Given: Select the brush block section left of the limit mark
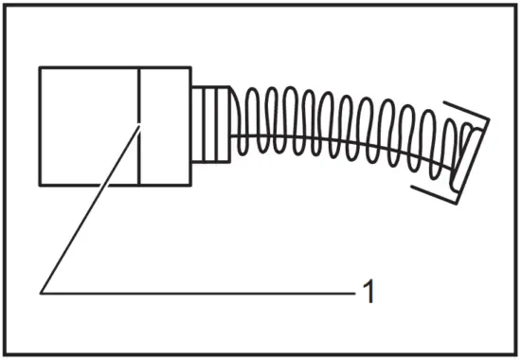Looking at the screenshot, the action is click(89, 126).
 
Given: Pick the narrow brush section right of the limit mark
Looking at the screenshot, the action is click(166, 126).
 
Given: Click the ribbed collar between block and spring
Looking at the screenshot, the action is click(213, 125).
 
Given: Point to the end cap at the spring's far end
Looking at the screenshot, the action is click(455, 152).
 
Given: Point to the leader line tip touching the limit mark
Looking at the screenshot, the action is click(139, 124).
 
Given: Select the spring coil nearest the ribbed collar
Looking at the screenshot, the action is click(242, 123).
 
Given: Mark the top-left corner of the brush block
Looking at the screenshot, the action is click(40, 67).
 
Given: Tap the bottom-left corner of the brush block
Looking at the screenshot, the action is click(40, 185).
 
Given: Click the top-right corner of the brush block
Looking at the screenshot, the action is click(192, 67).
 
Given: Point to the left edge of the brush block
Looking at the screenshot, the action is click(40, 126).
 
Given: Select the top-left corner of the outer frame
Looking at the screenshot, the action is click(5, 5).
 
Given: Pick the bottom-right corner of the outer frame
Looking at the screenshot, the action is click(515, 354).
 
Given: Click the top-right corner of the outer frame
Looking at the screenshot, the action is click(515, 5).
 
